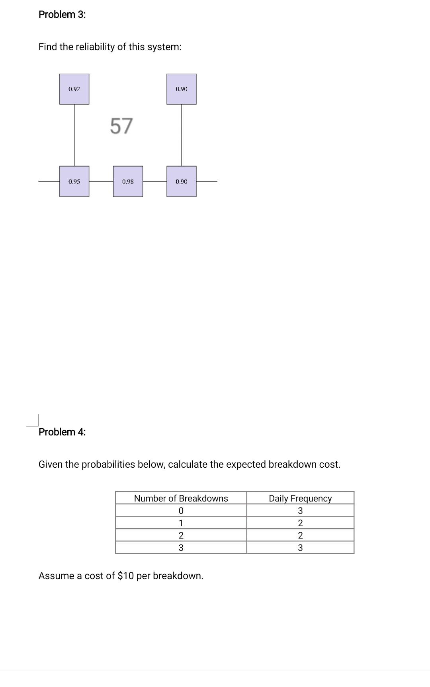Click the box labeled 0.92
(x=74, y=89)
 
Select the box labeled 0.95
(x=74, y=182)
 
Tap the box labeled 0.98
(x=128, y=182)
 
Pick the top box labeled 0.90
(x=181, y=89)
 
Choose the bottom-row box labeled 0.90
(x=181, y=182)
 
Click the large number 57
(x=121, y=126)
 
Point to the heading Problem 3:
(x=62, y=15)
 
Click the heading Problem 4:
(x=62, y=432)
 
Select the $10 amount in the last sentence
(x=126, y=576)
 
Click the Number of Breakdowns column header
(x=181, y=498)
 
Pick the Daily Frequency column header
(x=300, y=498)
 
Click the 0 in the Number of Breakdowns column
(x=181, y=511)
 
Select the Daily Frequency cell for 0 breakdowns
(x=300, y=511)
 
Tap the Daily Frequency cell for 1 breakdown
(x=300, y=523)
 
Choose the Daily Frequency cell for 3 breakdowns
(x=300, y=548)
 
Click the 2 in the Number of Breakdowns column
(x=181, y=535)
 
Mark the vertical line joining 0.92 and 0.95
(x=74, y=135)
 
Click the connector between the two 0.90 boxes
(x=182, y=135)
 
